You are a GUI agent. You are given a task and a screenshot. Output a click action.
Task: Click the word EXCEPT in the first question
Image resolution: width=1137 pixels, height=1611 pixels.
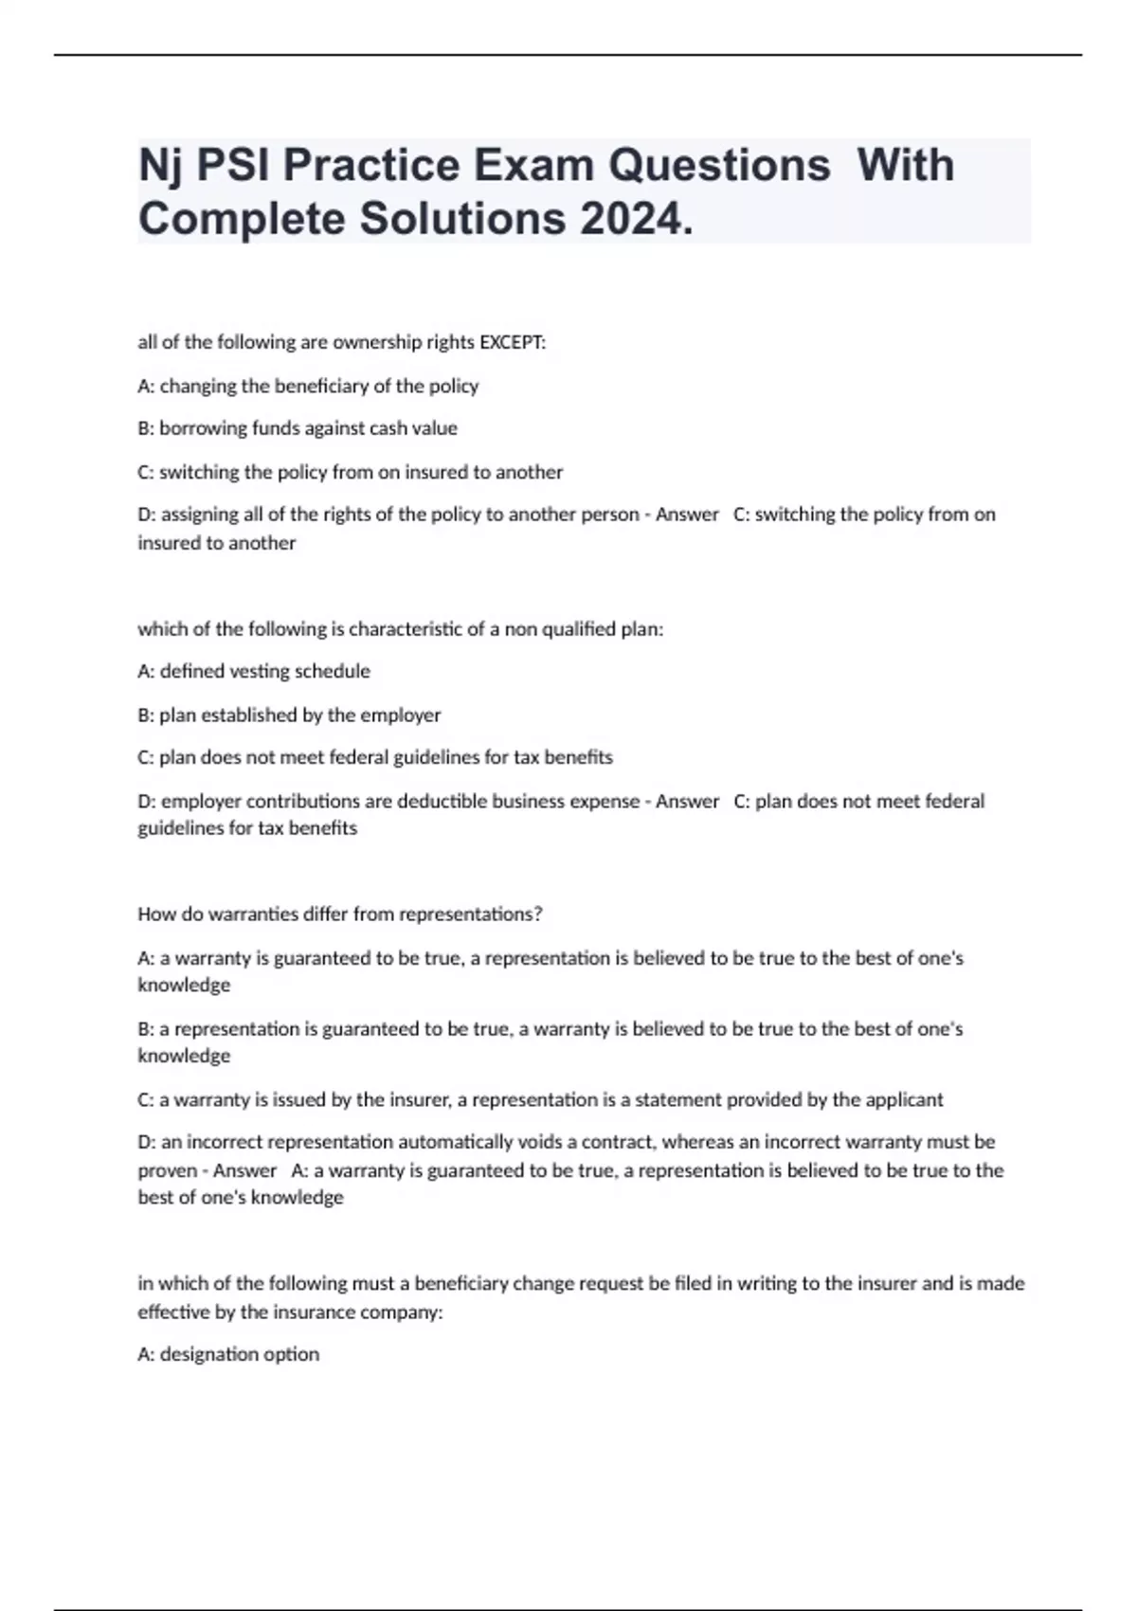513,342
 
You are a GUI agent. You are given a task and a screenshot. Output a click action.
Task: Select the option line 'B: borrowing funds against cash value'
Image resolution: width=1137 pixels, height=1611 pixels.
298,428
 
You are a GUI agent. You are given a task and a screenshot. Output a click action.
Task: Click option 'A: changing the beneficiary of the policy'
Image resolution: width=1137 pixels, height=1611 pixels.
308,386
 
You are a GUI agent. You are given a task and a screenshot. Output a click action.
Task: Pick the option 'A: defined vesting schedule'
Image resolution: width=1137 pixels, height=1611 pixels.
254,671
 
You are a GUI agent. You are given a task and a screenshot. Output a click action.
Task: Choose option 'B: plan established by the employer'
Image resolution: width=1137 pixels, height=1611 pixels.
289,715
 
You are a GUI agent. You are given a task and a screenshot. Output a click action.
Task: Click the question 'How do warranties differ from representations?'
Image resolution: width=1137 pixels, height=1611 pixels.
340,914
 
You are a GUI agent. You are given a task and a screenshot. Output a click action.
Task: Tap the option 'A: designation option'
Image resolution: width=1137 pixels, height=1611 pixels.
228,1354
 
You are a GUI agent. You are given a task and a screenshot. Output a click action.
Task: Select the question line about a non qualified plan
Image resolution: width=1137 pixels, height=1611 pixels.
401,629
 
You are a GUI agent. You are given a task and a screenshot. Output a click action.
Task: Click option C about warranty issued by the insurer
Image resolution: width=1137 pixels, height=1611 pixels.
540,1099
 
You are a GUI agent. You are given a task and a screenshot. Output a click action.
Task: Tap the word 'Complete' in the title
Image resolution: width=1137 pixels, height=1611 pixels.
241,219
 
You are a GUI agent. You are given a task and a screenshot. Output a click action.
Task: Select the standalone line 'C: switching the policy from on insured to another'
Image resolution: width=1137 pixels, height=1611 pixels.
351,472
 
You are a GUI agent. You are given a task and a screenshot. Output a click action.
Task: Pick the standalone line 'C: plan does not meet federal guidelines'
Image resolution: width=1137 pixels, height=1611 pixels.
375,757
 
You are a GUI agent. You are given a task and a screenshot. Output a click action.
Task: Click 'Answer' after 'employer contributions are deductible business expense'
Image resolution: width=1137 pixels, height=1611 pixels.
687,802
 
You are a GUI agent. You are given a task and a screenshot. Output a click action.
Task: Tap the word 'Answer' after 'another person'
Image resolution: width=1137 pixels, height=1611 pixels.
687,515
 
